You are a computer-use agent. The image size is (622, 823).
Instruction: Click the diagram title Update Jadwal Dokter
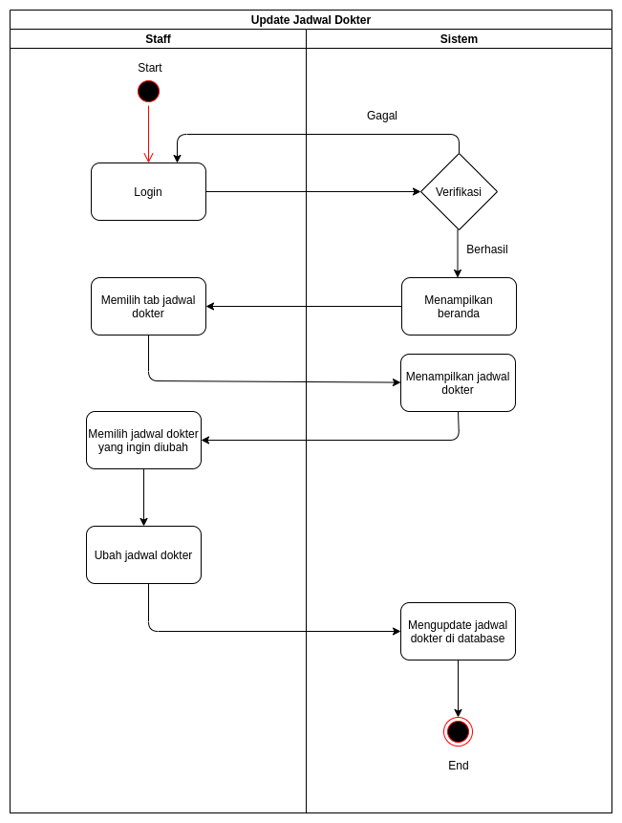tap(311, 20)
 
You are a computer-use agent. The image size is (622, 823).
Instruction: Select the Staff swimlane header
tap(158, 39)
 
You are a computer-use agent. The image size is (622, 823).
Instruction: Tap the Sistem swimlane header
tap(459, 39)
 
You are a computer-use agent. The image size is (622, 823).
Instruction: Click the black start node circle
tap(148, 92)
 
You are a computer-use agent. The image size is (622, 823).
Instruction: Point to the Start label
tap(149, 68)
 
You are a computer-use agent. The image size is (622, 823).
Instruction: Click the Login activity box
tap(148, 192)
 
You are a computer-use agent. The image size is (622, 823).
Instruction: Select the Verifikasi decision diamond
tap(459, 192)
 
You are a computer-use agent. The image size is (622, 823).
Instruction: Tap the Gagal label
tap(382, 116)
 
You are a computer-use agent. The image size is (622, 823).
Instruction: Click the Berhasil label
tap(486, 249)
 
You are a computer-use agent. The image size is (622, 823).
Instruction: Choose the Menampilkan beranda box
tap(459, 307)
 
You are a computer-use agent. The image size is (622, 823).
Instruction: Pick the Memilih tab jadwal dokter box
tap(148, 307)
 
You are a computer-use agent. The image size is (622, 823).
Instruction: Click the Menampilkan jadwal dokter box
tap(458, 383)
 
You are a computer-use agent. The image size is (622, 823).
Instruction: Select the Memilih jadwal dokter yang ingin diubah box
tap(143, 441)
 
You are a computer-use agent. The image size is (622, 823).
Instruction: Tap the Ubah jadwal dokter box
tap(143, 555)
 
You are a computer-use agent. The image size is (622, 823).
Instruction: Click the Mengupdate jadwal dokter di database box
tap(458, 632)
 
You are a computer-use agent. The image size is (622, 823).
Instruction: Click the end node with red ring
tap(458, 732)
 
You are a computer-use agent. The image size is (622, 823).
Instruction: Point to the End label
tap(459, 766)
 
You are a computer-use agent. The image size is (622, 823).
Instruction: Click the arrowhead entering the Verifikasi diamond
tap(417, 192)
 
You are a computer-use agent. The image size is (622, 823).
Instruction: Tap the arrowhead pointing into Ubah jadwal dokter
tap(143, 522)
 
